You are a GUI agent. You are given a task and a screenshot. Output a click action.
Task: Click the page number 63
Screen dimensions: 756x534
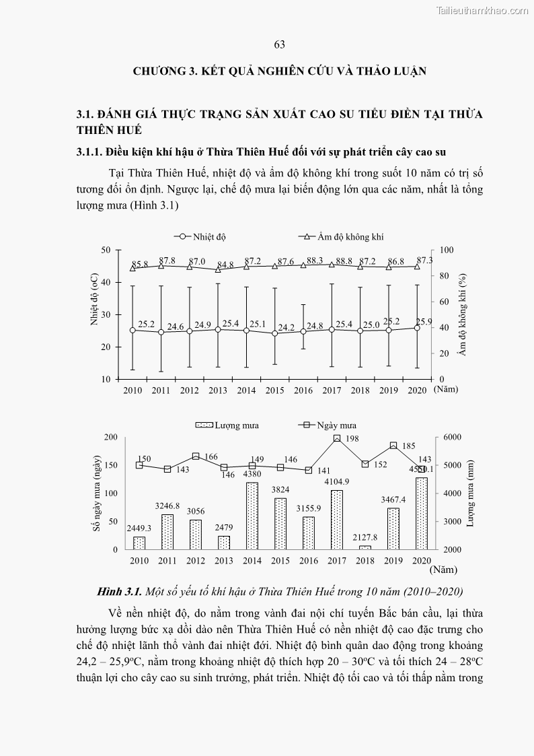[x=280, y=44]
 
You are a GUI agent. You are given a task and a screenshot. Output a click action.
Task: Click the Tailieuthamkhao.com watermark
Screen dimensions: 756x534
[x=482, y=10]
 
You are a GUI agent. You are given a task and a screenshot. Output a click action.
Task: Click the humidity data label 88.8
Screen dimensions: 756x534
[x=344, y=261]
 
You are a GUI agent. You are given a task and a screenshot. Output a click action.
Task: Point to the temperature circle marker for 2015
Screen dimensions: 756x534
[x=274, y=333]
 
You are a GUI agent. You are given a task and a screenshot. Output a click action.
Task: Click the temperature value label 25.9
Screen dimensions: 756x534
[x=424, y=321]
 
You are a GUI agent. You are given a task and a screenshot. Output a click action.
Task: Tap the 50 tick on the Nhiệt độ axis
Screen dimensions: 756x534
[x=106, y=250]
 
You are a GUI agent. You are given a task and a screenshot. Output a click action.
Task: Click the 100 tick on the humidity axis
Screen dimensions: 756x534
[x=447, y=250]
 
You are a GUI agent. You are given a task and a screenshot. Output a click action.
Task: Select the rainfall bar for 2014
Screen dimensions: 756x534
[x=252, y=516]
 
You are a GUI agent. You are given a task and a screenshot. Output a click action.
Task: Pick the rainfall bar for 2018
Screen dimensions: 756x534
[x=365, y=547]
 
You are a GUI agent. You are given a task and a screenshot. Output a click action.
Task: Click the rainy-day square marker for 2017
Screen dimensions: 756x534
[x=337, y=438]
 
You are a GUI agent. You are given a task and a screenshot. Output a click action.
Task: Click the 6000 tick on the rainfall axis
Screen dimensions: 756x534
[x=450, y=438]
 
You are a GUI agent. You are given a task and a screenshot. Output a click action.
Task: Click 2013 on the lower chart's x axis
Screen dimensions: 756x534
[x=224, y=561]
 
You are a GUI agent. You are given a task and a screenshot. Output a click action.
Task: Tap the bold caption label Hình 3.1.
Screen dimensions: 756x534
[x=119, y=592]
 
